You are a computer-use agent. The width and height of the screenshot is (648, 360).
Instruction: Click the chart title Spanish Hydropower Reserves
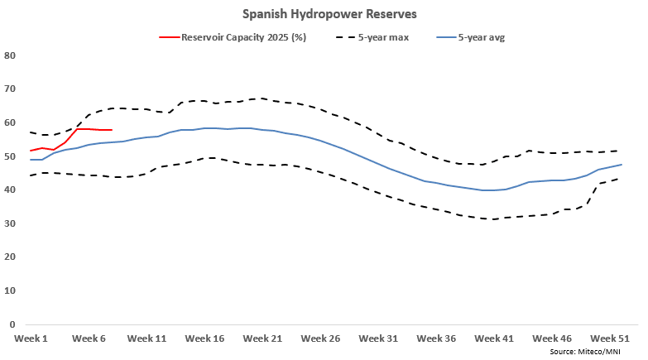tap(324, 14)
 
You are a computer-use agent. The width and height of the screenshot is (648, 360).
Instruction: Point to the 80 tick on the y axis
tap(11, 55)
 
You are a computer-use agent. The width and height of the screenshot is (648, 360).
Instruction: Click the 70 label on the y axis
tap(11, 89)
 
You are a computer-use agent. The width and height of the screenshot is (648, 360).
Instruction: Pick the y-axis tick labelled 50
tap(11, 156)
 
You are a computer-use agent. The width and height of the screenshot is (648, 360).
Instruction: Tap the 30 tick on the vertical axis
tap(11, 223)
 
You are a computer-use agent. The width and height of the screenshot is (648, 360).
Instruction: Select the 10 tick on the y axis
tap(11, 290)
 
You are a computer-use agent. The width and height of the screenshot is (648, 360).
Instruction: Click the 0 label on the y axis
tap(13, 324)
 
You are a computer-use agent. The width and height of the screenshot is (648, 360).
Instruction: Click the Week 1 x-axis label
tap(31, 338)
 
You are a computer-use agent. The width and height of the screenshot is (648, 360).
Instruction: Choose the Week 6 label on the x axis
tap(89, 338)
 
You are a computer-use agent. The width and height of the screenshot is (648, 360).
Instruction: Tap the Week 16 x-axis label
tap(204, 338)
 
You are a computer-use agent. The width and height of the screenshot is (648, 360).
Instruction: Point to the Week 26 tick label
tap(320, 338)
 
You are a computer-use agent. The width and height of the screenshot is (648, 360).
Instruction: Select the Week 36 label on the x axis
tap(436, 338)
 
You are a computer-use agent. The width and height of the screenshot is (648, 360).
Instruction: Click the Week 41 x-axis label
tap(494, 338)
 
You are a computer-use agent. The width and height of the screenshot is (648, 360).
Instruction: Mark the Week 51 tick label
tap(610, 338)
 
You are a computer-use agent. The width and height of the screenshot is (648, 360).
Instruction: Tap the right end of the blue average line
tap(622, 165)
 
